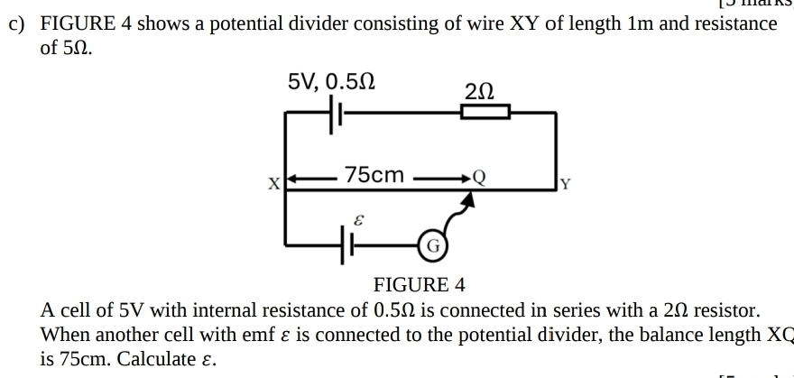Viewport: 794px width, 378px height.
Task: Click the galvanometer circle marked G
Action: (x=432, y=244)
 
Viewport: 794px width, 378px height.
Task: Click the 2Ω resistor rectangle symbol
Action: (x=485, y=112)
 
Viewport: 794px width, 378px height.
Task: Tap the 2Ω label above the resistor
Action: (x=479, y=90)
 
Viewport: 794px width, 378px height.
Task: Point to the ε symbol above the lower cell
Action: (x=359, y=219)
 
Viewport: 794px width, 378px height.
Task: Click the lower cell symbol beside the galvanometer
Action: (x=346, y=244)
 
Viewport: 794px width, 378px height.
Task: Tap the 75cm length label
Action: (x=374, y=174)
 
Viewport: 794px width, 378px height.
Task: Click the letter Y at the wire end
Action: (x=566, y=186)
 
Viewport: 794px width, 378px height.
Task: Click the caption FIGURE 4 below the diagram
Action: (x=420, y=286)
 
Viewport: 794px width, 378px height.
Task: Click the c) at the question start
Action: (x=17, y=24)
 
